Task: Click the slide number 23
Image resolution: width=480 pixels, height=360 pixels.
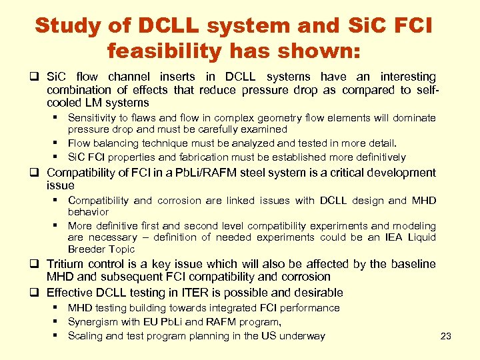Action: pos(446,336)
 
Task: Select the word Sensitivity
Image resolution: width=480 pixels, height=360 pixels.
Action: pos(93,118)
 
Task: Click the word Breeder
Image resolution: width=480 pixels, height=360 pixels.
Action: pos(87,249)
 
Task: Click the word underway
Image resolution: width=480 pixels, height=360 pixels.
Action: pos(303,336)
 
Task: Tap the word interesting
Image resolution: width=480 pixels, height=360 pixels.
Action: pos(409,77)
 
